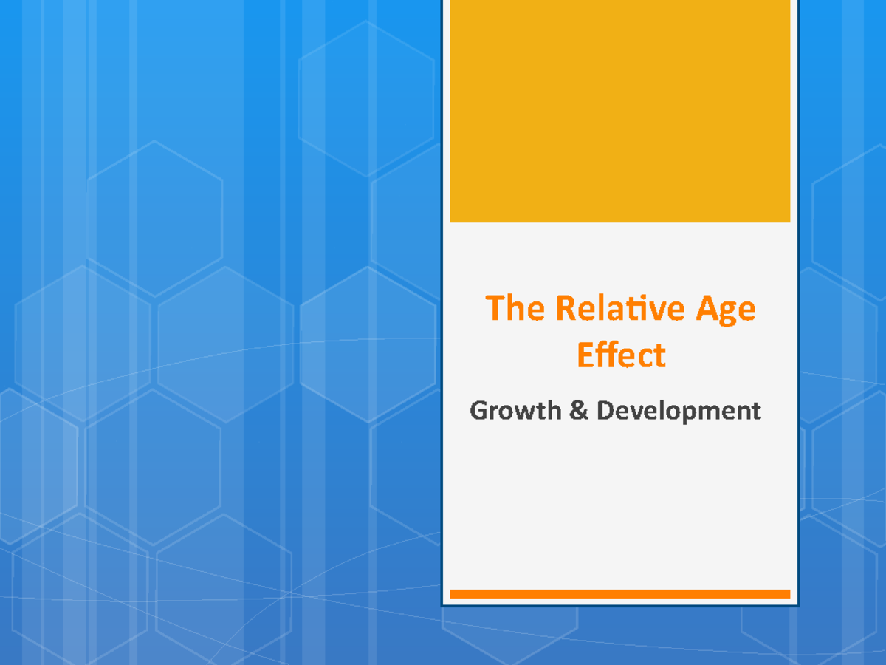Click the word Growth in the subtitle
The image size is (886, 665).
pos(515,410)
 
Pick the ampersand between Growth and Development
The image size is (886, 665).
pos(580,410)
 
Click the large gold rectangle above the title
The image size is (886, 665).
pos(620,111)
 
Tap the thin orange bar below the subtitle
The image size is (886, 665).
pos(620,594)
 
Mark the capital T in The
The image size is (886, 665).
pos(495,309)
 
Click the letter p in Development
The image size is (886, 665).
pos(692,413)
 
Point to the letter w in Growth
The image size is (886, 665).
pos(527,412)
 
